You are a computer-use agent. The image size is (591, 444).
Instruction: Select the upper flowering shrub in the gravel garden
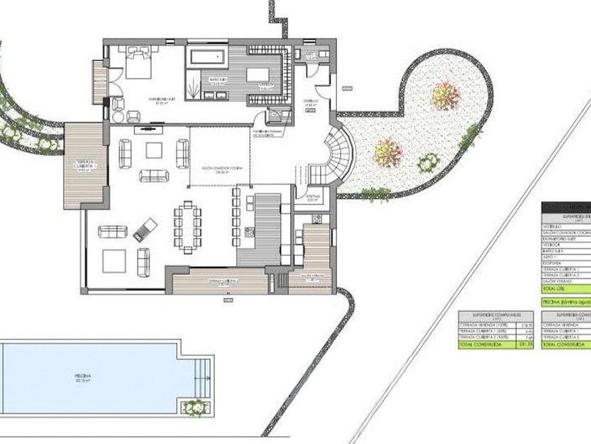click(446, 96)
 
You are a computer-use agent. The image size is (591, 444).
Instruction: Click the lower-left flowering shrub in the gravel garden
click(387, 153)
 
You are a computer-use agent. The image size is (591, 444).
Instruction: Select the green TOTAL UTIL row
click(566, 288)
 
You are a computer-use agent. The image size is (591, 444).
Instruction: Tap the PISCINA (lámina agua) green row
click(566, 301)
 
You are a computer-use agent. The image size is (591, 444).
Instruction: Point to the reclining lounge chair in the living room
click(145, 229)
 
